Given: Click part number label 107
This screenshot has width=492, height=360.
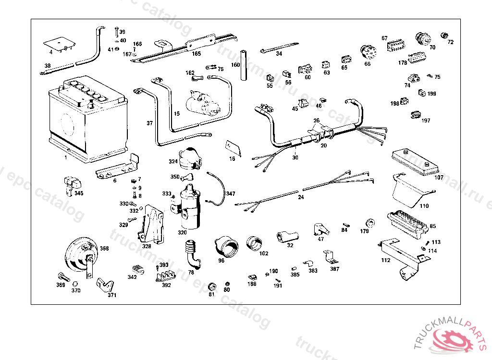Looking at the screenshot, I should (439, 178).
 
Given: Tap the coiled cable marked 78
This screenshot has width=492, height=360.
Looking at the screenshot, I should (192, 254).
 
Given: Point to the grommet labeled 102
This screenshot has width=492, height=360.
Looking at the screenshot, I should (255, 243).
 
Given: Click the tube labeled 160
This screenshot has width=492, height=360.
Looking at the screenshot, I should (243, 65).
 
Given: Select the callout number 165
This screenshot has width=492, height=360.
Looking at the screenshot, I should (197, 54).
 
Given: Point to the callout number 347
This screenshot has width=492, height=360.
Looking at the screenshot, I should (231, 194).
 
